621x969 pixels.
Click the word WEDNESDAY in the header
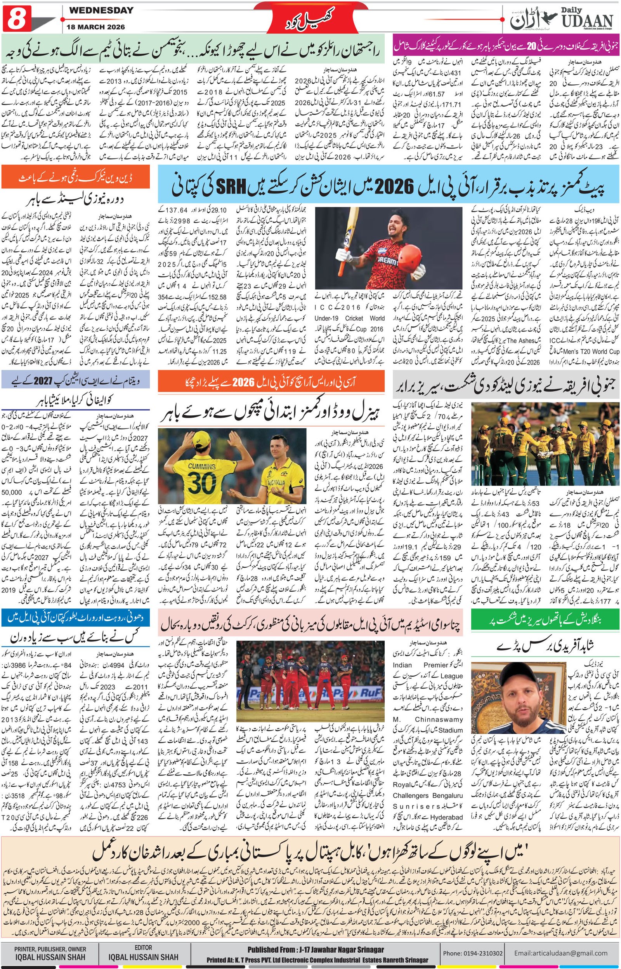[101, 11]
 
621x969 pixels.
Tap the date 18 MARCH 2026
[97, 27]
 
